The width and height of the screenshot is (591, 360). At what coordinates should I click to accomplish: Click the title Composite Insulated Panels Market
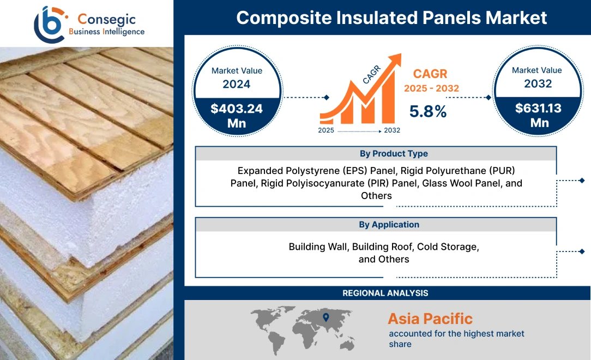[x=391, y=17]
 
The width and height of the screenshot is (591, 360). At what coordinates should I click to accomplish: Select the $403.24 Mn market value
[x=237, y=115]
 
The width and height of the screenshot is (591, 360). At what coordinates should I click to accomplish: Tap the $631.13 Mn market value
[x=538, y=115]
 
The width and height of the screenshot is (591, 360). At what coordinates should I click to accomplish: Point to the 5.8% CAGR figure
[x=428, y=112]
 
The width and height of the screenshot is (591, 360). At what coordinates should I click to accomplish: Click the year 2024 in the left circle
[x=237, y=84]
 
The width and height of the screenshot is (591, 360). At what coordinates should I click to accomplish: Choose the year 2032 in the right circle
[x=538, y=83]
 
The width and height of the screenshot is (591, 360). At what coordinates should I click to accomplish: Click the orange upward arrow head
[x=394, y=59]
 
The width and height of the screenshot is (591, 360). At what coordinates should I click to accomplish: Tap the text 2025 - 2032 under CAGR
[x=431, y=88]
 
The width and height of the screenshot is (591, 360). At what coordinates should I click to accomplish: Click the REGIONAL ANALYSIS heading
[x=385, y=293]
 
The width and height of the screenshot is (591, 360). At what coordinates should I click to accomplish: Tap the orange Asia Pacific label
[x=430, y=319]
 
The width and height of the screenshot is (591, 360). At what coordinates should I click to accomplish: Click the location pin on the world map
[x=326, y=317]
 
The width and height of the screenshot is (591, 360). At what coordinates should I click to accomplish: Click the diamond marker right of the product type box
[x=582, y=181]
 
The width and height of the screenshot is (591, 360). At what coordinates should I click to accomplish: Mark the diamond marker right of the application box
[x=582, y=251]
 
